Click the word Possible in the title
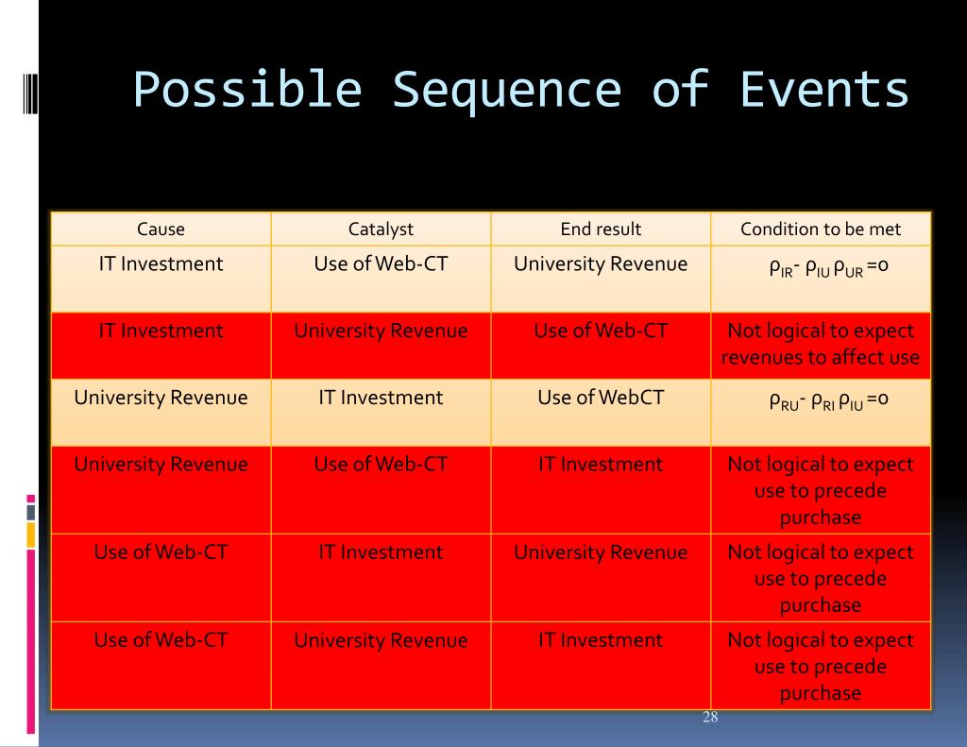pyautogui.click(x=247, y=92)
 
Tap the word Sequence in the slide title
pyautogui.click(x=506, y=92)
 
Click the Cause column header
pyautogui.click(x=161, y=229)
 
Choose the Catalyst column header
pyautogui.click(x=381, y=229)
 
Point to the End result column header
pyautogui.click(x=601, y=229)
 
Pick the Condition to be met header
pyautogui.click(x=821, y=229)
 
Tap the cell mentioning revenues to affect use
pyautogui.click(x=821, y=345)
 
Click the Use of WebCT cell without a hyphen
pyautogui.click(x=601, y=398)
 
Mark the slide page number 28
pyautogui.click(x=710, y=718)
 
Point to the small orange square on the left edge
pyautogui.click(x=31, y=535)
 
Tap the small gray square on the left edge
pyautogui.click(x=31, y=512)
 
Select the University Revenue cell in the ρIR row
pyautogui.click(x=601, y=263)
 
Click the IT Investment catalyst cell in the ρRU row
pyautogui.click(x=381, y=398)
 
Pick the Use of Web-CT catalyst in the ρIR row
pyautogui.click(x=381, y=263)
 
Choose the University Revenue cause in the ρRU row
pyautogui.click(x=161, y=398)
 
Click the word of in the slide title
pyautogui.click(x=681, y=92)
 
